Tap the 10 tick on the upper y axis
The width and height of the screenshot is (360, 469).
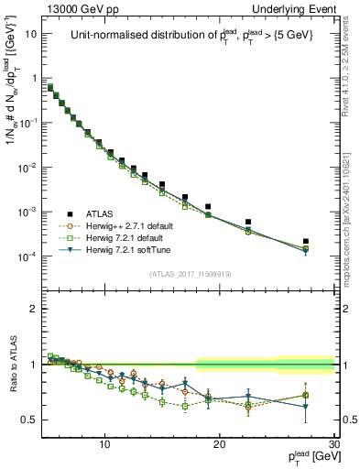(x=31, y=34)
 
